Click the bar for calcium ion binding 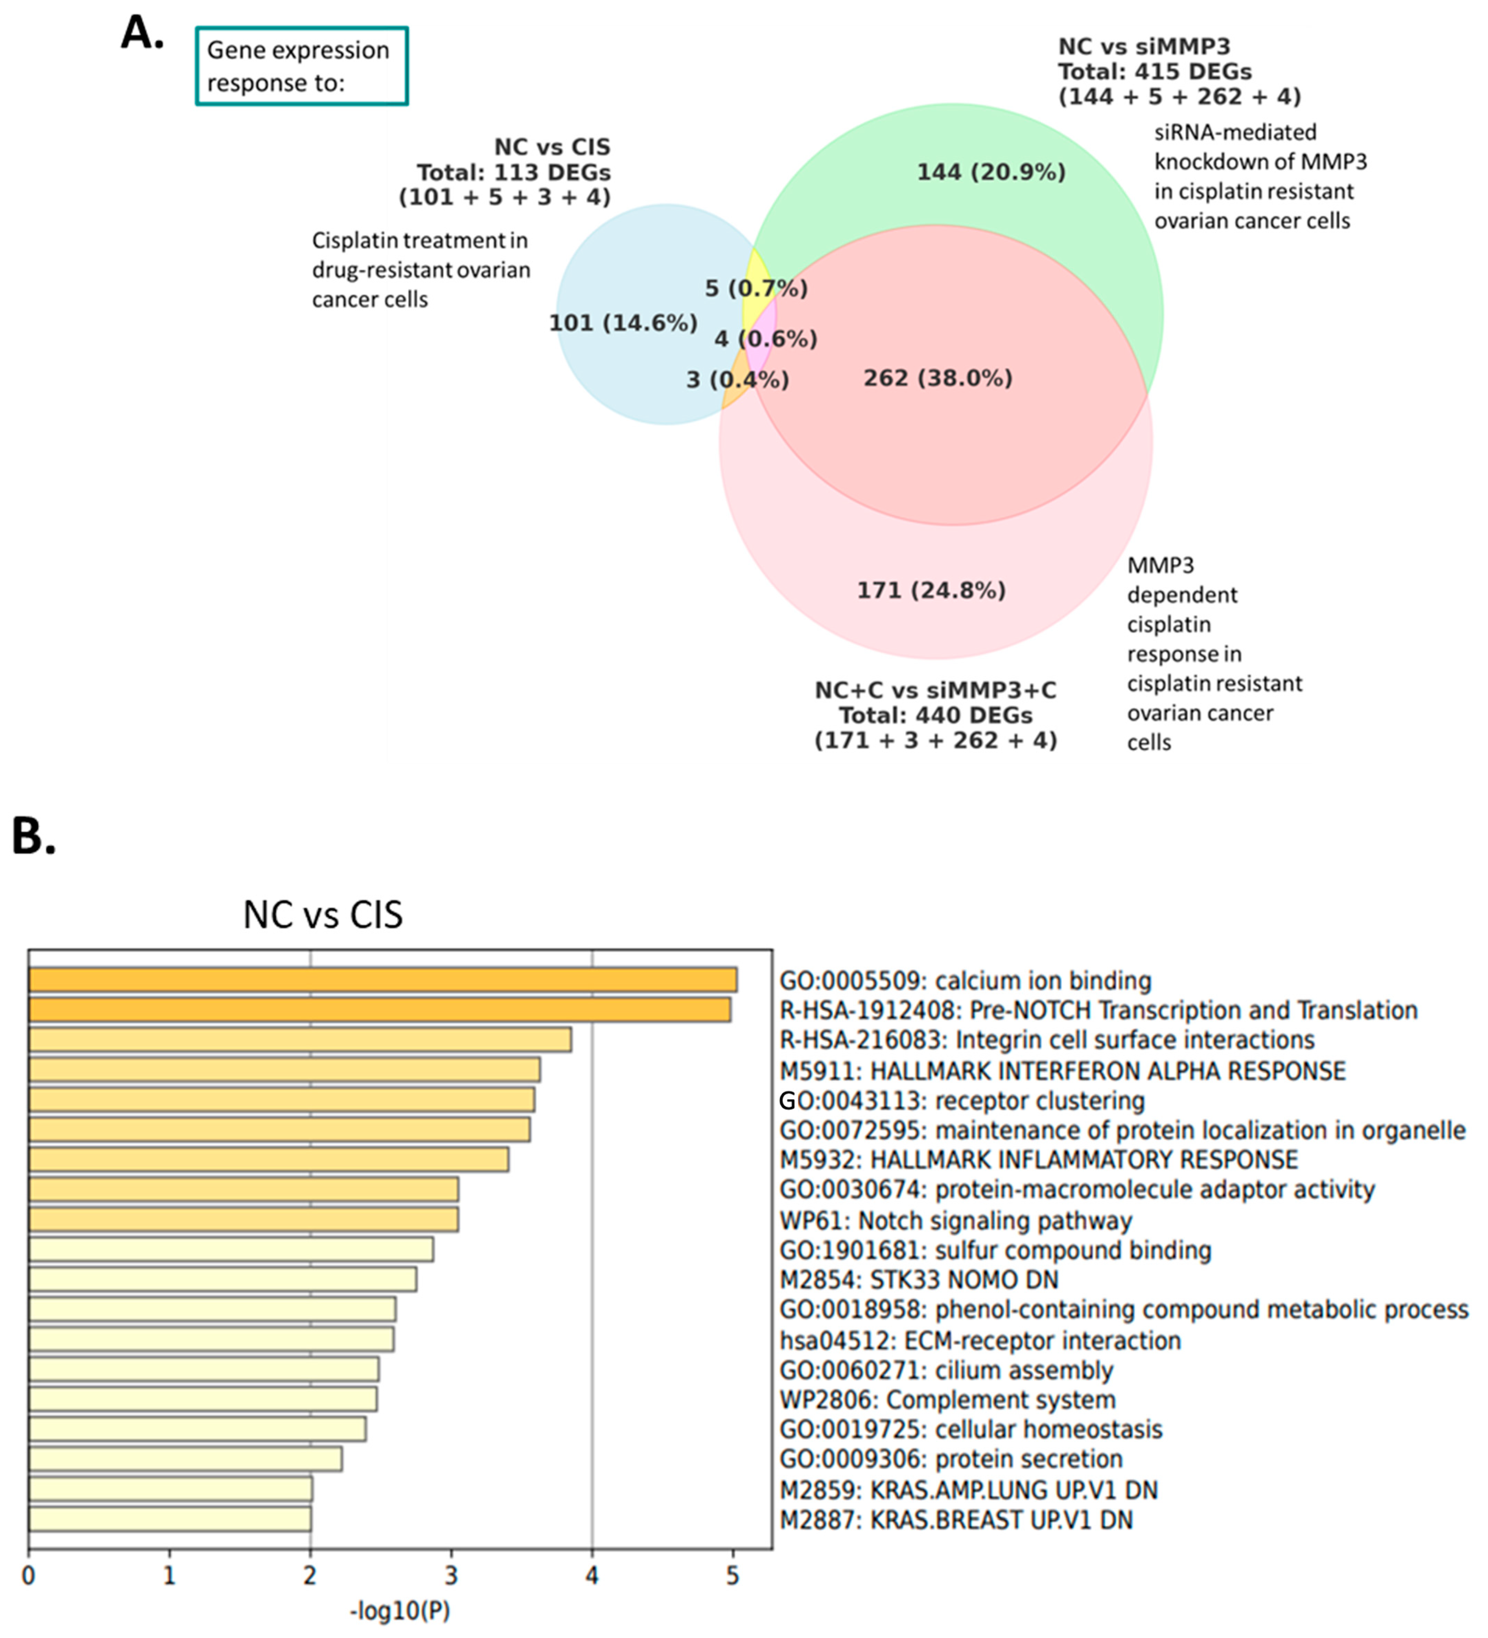[x=382, y=980]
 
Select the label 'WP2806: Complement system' [x=947, y=1400]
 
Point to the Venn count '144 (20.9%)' [x=991, y=172]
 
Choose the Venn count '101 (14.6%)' [x=623, y=323]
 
